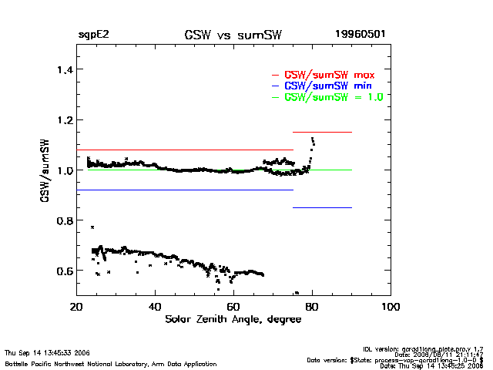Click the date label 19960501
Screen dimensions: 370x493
click(360, 35)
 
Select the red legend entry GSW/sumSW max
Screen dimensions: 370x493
click(330, 75)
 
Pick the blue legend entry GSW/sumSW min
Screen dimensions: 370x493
click(328, 86)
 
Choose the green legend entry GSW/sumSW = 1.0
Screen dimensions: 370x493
click(333, 97)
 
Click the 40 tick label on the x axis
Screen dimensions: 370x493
click(155, 307)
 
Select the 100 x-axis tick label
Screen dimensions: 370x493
click(391, 307)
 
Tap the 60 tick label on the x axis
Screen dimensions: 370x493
click(233, 307)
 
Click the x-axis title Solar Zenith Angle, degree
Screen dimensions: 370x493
click(231, 319)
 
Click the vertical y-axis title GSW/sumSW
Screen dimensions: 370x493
click(45, 170)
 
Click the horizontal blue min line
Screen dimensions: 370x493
click(185, 190)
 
